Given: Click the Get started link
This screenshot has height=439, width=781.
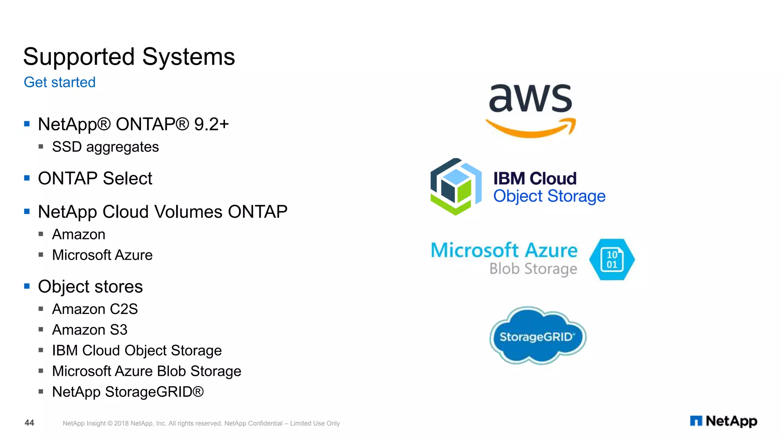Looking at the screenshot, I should (x=59, y=82).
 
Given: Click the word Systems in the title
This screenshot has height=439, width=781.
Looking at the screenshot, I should (x=188, y=57).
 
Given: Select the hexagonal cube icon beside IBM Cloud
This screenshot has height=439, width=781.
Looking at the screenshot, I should (x=455, y=187).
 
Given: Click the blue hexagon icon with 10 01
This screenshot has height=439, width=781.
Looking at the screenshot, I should (x=612, y=260).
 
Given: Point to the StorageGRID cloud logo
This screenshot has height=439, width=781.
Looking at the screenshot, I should (x=537, y=336).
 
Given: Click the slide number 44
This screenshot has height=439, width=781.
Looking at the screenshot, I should (x=29, y=423).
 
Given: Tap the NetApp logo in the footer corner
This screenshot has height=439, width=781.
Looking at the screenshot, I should (x=723, y=421).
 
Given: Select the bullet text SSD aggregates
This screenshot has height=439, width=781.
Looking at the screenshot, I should (x=105, y=147).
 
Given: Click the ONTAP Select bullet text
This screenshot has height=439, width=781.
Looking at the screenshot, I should (x=95, y=178).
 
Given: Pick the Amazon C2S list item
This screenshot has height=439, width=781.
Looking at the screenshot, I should (x=95, y=309).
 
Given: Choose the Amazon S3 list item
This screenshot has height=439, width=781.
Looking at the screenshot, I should (x=90, y=330).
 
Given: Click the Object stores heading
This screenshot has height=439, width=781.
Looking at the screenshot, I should (x=90, y=287).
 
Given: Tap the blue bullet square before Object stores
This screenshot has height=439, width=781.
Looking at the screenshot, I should (x=27, y=286).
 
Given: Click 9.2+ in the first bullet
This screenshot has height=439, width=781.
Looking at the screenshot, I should (x=211, y=124).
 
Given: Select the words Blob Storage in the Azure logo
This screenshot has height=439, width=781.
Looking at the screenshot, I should (x=533, y=269).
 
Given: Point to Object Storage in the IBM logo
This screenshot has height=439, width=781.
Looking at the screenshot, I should (x=549, y=197).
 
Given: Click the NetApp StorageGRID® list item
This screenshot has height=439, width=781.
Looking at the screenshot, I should (x=128, y=392).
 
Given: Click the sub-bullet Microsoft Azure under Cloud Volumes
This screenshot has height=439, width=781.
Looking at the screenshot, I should (x=102, y=255).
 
